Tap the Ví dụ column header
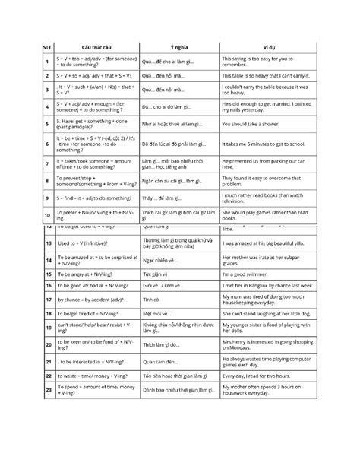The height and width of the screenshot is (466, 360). tap(267, 45)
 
